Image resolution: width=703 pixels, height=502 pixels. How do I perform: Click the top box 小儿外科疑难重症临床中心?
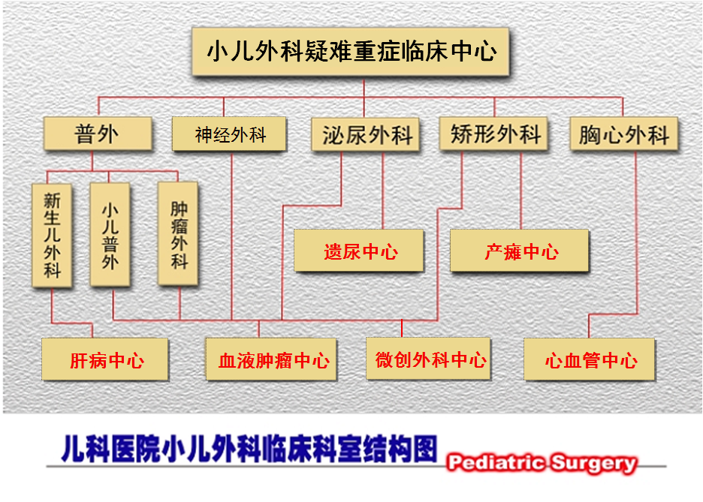tap(351, 52)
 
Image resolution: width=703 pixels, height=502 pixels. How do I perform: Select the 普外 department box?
tap(97, 134)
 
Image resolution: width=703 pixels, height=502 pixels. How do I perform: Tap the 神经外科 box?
tap(231, 135)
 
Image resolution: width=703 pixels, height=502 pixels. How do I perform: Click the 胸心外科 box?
tap(623, 135)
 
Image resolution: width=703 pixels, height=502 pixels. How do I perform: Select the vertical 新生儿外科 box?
tap(52, 234)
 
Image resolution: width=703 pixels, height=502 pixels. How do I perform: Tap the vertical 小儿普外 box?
tap(110, 234)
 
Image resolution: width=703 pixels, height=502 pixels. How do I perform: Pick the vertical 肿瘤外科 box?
tap(178, 233)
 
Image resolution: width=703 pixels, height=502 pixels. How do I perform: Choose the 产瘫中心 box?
tap(520, 251)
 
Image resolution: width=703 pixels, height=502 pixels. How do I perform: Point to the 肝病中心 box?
tap(106, 360)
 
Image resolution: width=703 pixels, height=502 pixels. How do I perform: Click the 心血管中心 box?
tap(590, 360)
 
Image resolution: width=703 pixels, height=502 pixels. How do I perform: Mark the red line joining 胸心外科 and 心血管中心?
tap(638, 233)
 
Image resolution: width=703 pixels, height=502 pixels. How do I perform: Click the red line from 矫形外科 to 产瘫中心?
tap(520, 191)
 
